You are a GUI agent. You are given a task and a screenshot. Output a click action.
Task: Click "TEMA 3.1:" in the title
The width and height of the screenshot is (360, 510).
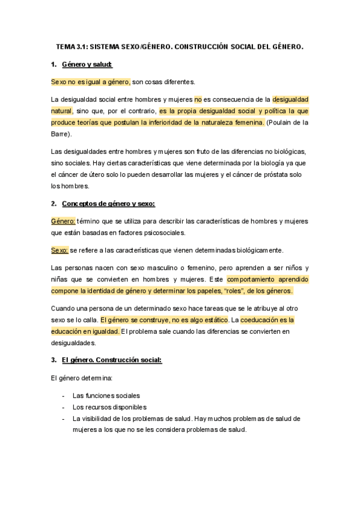71,46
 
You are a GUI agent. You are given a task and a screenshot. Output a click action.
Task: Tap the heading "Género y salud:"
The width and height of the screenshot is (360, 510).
87,64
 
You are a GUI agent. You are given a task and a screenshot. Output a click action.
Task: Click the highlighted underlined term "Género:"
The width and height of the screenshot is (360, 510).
63,221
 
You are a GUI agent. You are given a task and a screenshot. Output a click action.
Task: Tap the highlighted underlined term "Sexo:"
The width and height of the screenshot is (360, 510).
59,250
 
